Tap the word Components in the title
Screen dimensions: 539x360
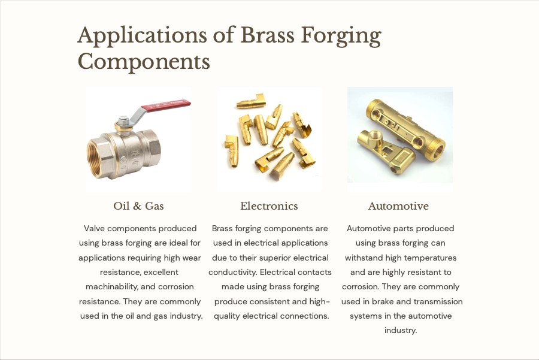coord(144,62)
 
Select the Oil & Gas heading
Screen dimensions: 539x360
coord(138,206)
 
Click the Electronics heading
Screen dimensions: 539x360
coord(269,206)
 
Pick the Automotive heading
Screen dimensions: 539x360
coord(398,206)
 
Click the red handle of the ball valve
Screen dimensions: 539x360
coord(166,105)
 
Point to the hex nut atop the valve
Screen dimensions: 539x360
coord(123,121)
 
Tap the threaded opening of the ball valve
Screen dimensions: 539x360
coord(96,159)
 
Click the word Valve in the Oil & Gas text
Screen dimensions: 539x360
coord(94,228)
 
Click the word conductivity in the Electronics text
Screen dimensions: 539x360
coord(233,273)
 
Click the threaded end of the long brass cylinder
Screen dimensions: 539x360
coord(436,147)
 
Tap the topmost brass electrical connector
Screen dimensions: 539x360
coord(252,101)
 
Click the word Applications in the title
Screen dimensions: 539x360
coord(142,36)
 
